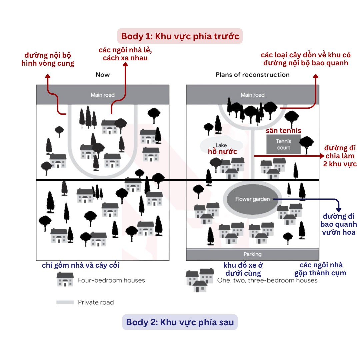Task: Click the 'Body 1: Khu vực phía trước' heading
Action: click(x=180, y=36)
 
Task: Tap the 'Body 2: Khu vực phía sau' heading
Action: click(x=180, y=322)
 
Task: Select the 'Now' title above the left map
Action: click(x=103, y=75)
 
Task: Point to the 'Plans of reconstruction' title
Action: click(x=253, y=75)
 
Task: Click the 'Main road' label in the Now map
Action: click(x=103, y=95)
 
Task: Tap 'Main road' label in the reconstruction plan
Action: click(x=253, y=95)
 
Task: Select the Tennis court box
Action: click(x=284, y=144)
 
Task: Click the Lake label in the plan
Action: click(x=221, y=145)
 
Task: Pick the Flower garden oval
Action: click(x=252, y=199)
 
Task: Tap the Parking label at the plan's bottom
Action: click(x=253, y=254)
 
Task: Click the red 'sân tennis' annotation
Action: click(x=283, y=130)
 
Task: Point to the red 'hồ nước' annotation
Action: click(x=222, y=152)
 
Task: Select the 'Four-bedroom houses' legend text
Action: click(x=111, y=280)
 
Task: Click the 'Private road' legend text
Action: click(x=96, y=302)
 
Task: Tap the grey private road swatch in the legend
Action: click(x=65, y=302)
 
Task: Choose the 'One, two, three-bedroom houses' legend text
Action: click(x=267, y=280)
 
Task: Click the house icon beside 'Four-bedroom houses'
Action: click(x=65, y=279)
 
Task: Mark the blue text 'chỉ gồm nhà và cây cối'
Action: click(x=81, y=265)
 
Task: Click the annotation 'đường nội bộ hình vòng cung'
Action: click(x=48, y=59)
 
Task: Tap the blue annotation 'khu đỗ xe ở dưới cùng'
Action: click(x=243, y=269)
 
